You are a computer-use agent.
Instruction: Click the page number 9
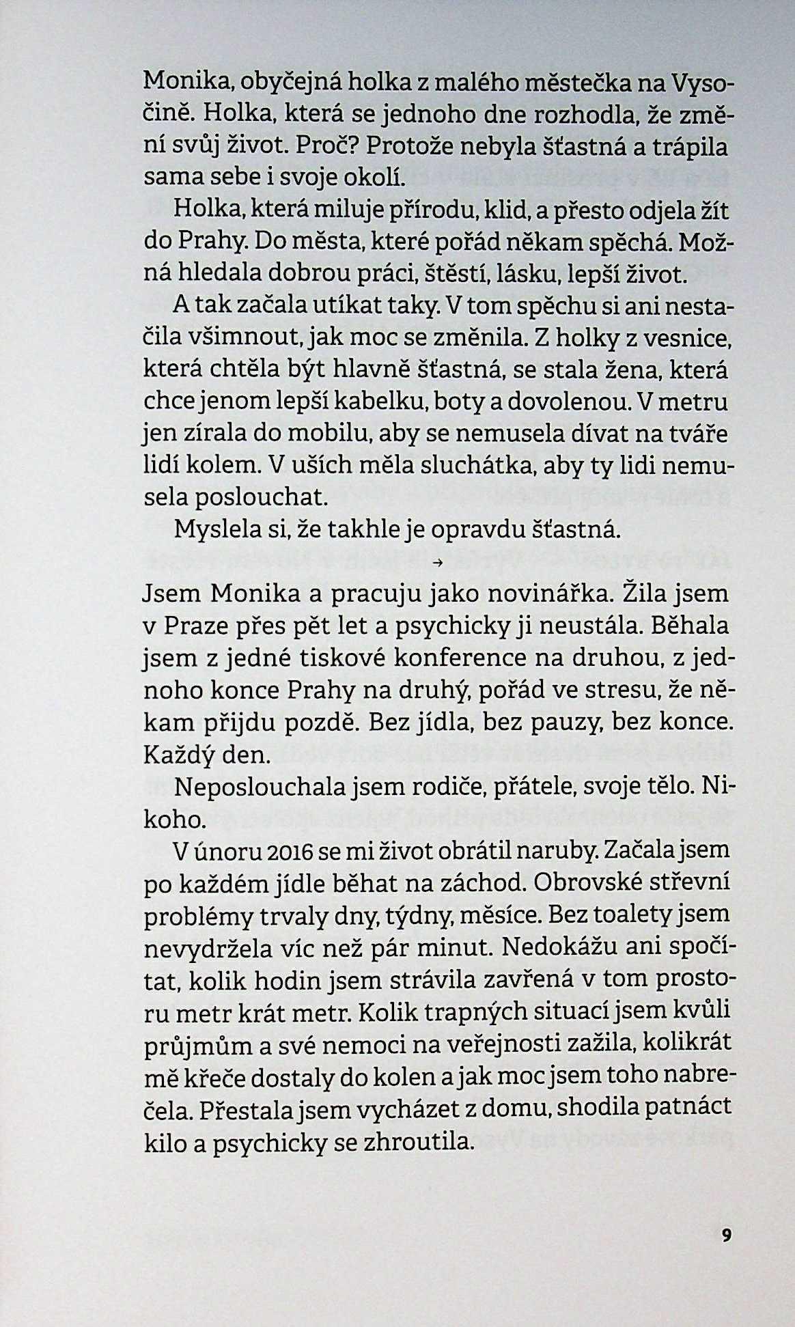726,1234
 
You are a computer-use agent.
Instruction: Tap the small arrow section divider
438,563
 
